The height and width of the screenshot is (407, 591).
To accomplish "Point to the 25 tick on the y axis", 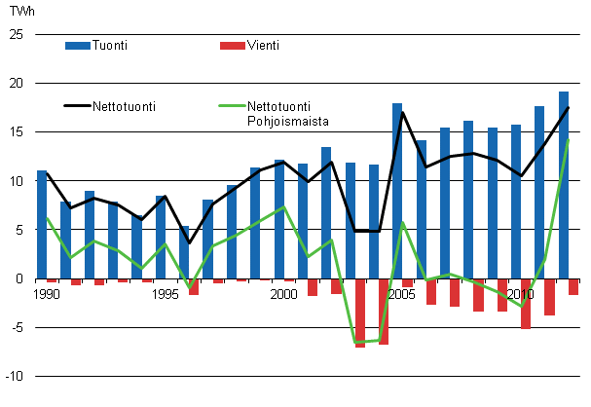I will [15, 35].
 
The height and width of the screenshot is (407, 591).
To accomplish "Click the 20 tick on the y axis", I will [15, 84].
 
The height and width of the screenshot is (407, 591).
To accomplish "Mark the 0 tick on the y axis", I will [18, 278].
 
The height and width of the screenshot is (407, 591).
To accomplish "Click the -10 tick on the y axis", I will [13, 376].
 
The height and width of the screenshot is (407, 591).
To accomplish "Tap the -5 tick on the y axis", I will [16, 327].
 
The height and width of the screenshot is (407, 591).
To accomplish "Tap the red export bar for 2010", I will [526, 303].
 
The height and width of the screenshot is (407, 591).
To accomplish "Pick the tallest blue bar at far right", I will [564, 185].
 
